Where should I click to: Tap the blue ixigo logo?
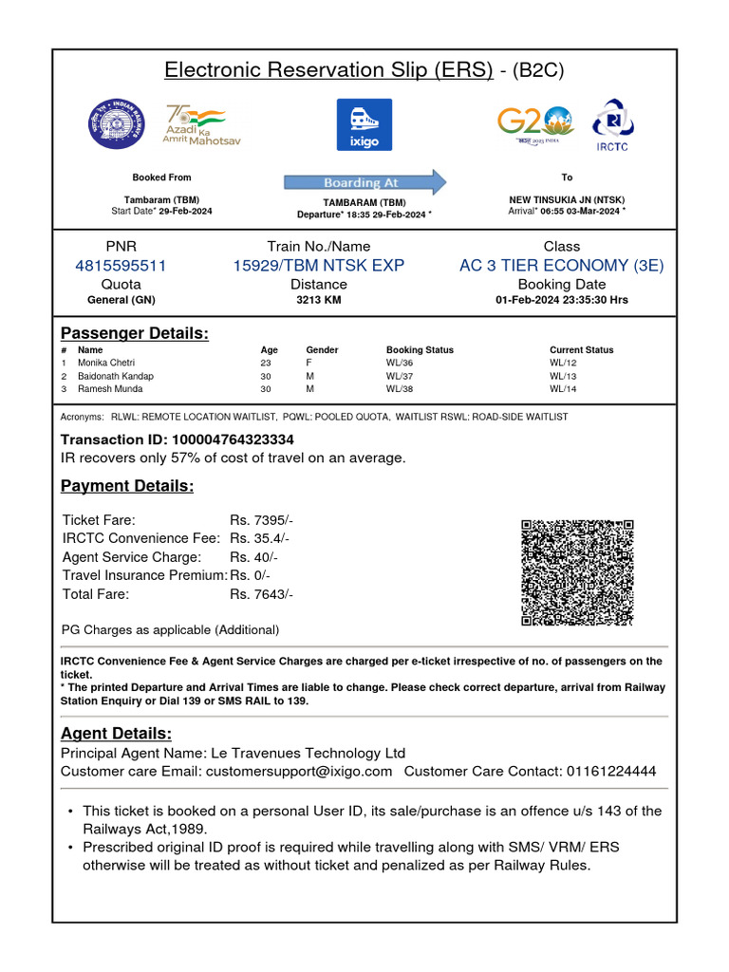click(x=364, y=124)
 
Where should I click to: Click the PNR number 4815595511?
click(x=121, y=266)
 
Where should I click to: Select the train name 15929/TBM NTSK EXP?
click(x=319, y=266)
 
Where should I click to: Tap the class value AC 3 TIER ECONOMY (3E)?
click(x=562, y=266)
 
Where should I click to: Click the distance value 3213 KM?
click(x=319, y=300)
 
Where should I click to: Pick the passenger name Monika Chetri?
click(x=106, y=364)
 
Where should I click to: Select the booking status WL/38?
click(x=400, y=389)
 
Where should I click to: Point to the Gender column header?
click(x=322, y=350)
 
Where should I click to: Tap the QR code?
click(x=577, y=572)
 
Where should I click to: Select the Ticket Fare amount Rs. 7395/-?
click(x=262, y=520)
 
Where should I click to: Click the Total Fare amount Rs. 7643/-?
click(x=262, y=594)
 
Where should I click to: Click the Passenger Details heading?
click(x=135, y=333)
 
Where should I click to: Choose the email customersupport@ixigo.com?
click(x=299, y=771)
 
